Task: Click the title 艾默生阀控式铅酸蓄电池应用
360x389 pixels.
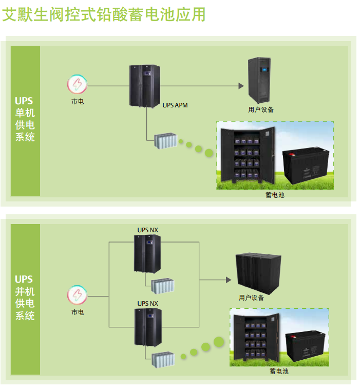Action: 104,14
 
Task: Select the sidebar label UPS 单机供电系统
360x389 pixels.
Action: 25,119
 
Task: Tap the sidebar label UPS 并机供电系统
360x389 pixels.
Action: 25,298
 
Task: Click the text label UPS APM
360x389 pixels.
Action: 175,105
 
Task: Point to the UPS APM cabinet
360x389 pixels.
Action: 145,86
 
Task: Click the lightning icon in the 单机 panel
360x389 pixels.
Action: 77,85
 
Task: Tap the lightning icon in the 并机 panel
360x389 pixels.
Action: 77,295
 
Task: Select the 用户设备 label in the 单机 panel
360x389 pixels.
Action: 261,109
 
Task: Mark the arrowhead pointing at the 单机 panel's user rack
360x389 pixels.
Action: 241,86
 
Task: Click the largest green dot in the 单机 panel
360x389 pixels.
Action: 209,153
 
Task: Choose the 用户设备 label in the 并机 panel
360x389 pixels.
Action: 251,298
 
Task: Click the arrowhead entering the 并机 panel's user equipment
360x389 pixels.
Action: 228,280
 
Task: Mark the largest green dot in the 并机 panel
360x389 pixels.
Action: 219,341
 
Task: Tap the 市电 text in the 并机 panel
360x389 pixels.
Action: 77,312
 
